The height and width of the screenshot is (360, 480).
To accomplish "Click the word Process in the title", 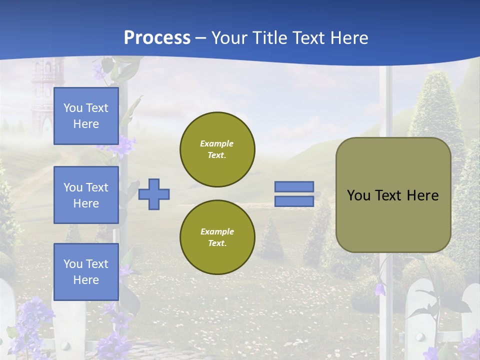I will pos(157,37).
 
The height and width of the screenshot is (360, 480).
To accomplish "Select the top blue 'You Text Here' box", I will pos(86,116).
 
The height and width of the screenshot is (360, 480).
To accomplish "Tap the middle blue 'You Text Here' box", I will pos(86,195).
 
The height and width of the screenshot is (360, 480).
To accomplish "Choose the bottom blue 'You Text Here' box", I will pos(86,272).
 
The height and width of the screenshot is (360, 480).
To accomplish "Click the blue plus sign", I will pos(154,194).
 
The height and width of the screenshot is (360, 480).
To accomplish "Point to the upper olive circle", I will pos(217,149).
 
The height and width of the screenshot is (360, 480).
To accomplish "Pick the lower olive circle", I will pos(217,237).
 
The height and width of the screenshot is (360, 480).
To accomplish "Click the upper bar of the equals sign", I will pos(294,187).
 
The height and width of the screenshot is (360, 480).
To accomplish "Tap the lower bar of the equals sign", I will pos(294,201).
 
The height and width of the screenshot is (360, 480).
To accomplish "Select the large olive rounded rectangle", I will pos(393,195).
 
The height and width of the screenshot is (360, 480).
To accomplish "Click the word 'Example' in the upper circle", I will pos(217,143).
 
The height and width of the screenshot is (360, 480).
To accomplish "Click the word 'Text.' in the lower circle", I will pos(217,243).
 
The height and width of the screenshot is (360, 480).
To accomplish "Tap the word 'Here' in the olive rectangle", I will pos(422,195).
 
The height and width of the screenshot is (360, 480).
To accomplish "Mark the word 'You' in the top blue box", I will pos(73,108).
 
